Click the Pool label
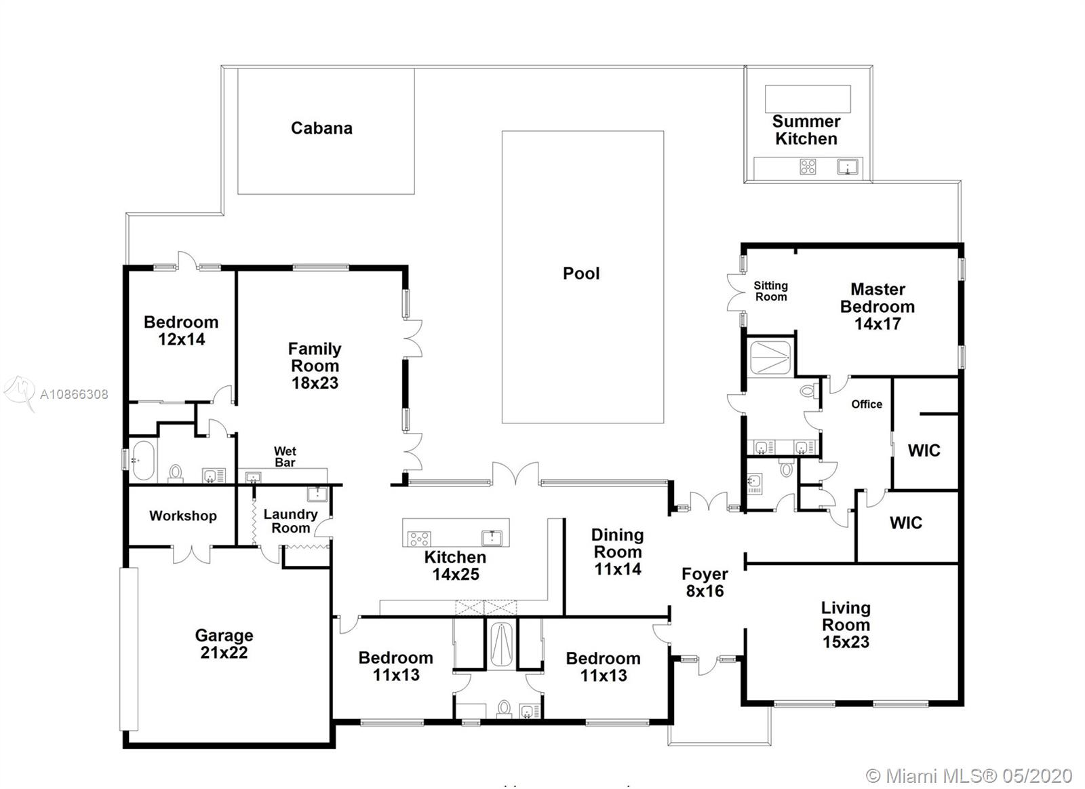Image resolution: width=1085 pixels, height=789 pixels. click(x=580, y=274)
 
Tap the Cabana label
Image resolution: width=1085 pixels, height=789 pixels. click(x=321, y=128)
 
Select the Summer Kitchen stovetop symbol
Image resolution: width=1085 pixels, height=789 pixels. click(x=808, y=167)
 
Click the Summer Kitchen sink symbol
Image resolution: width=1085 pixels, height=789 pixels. click(x=848, y=167)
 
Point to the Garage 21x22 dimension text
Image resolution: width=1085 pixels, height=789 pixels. click(x=224, y=653)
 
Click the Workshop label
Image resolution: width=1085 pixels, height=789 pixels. click(x=182, y=516)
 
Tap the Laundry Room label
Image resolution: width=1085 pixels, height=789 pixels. click(x=290, y=521)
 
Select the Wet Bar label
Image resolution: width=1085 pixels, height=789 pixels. click(x=285, y=457)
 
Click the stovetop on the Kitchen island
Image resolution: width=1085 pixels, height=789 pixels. click(x=419, y=539)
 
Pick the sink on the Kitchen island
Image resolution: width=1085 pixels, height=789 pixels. click(x=492, y=538)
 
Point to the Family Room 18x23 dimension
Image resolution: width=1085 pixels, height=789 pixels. click(x=315, y=383)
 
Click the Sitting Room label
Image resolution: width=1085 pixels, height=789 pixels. click(x=770, y=291)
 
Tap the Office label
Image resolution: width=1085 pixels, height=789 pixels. click(x=867, y=404)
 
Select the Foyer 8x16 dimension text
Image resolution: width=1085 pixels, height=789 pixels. click(x=705, y=591)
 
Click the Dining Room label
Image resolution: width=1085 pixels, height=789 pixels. click(x=618, y=543)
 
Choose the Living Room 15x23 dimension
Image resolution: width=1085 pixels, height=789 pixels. click(x=846, y=642)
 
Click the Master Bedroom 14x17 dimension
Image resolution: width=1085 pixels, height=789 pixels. click(x=877, y=324)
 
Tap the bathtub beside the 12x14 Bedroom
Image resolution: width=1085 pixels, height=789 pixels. click(x=143, y=460)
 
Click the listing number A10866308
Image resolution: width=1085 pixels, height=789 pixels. click(x=74, y=395)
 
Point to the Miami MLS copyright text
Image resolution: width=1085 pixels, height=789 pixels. click(x=969, y=776)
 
